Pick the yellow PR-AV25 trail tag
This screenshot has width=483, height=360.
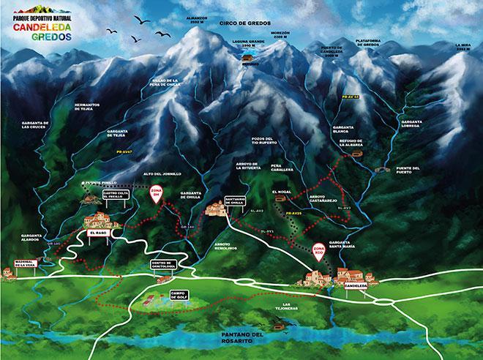click(295, 213)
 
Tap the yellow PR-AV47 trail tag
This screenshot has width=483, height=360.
click(132, 151)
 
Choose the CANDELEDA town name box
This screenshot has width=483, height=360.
click(355, 286)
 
